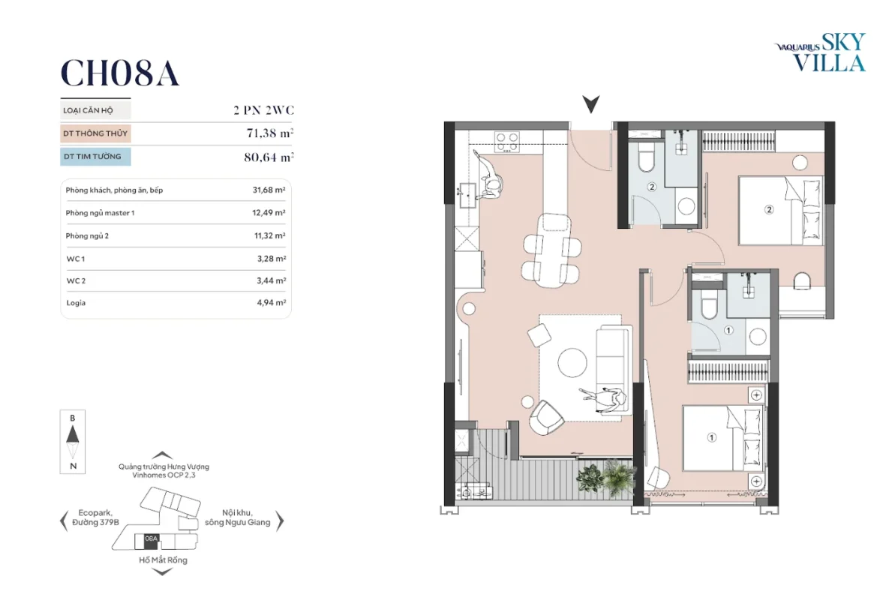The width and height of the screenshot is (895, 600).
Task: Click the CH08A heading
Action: click(x=120, y=73)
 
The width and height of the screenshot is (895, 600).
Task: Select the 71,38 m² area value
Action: click(x=270, y=133)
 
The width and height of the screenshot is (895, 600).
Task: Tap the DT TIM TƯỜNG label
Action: click(x=92, y=157)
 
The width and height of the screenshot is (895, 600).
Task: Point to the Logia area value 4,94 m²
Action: click(x=271, y=302)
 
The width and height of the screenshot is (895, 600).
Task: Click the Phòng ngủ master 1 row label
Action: click(x=100, y=213)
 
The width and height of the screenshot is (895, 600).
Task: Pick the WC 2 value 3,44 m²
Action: click(x=271, y=280)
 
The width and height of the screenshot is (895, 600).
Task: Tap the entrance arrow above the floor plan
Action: click(x=590, y=104)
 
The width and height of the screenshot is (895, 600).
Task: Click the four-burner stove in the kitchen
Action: click(x=507, y=142)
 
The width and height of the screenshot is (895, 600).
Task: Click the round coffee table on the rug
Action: click(x=572, y=362)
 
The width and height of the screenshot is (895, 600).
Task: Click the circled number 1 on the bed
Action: click(x=711, y=438)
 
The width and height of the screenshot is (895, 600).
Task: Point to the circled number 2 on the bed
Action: click(x=769, y=210)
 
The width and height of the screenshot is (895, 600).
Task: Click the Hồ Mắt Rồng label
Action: click(x=163, y=560)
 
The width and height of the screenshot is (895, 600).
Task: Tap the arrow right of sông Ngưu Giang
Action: click(x=280, y=520)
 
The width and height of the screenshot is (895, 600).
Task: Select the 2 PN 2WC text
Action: click(x=264, y=110)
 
